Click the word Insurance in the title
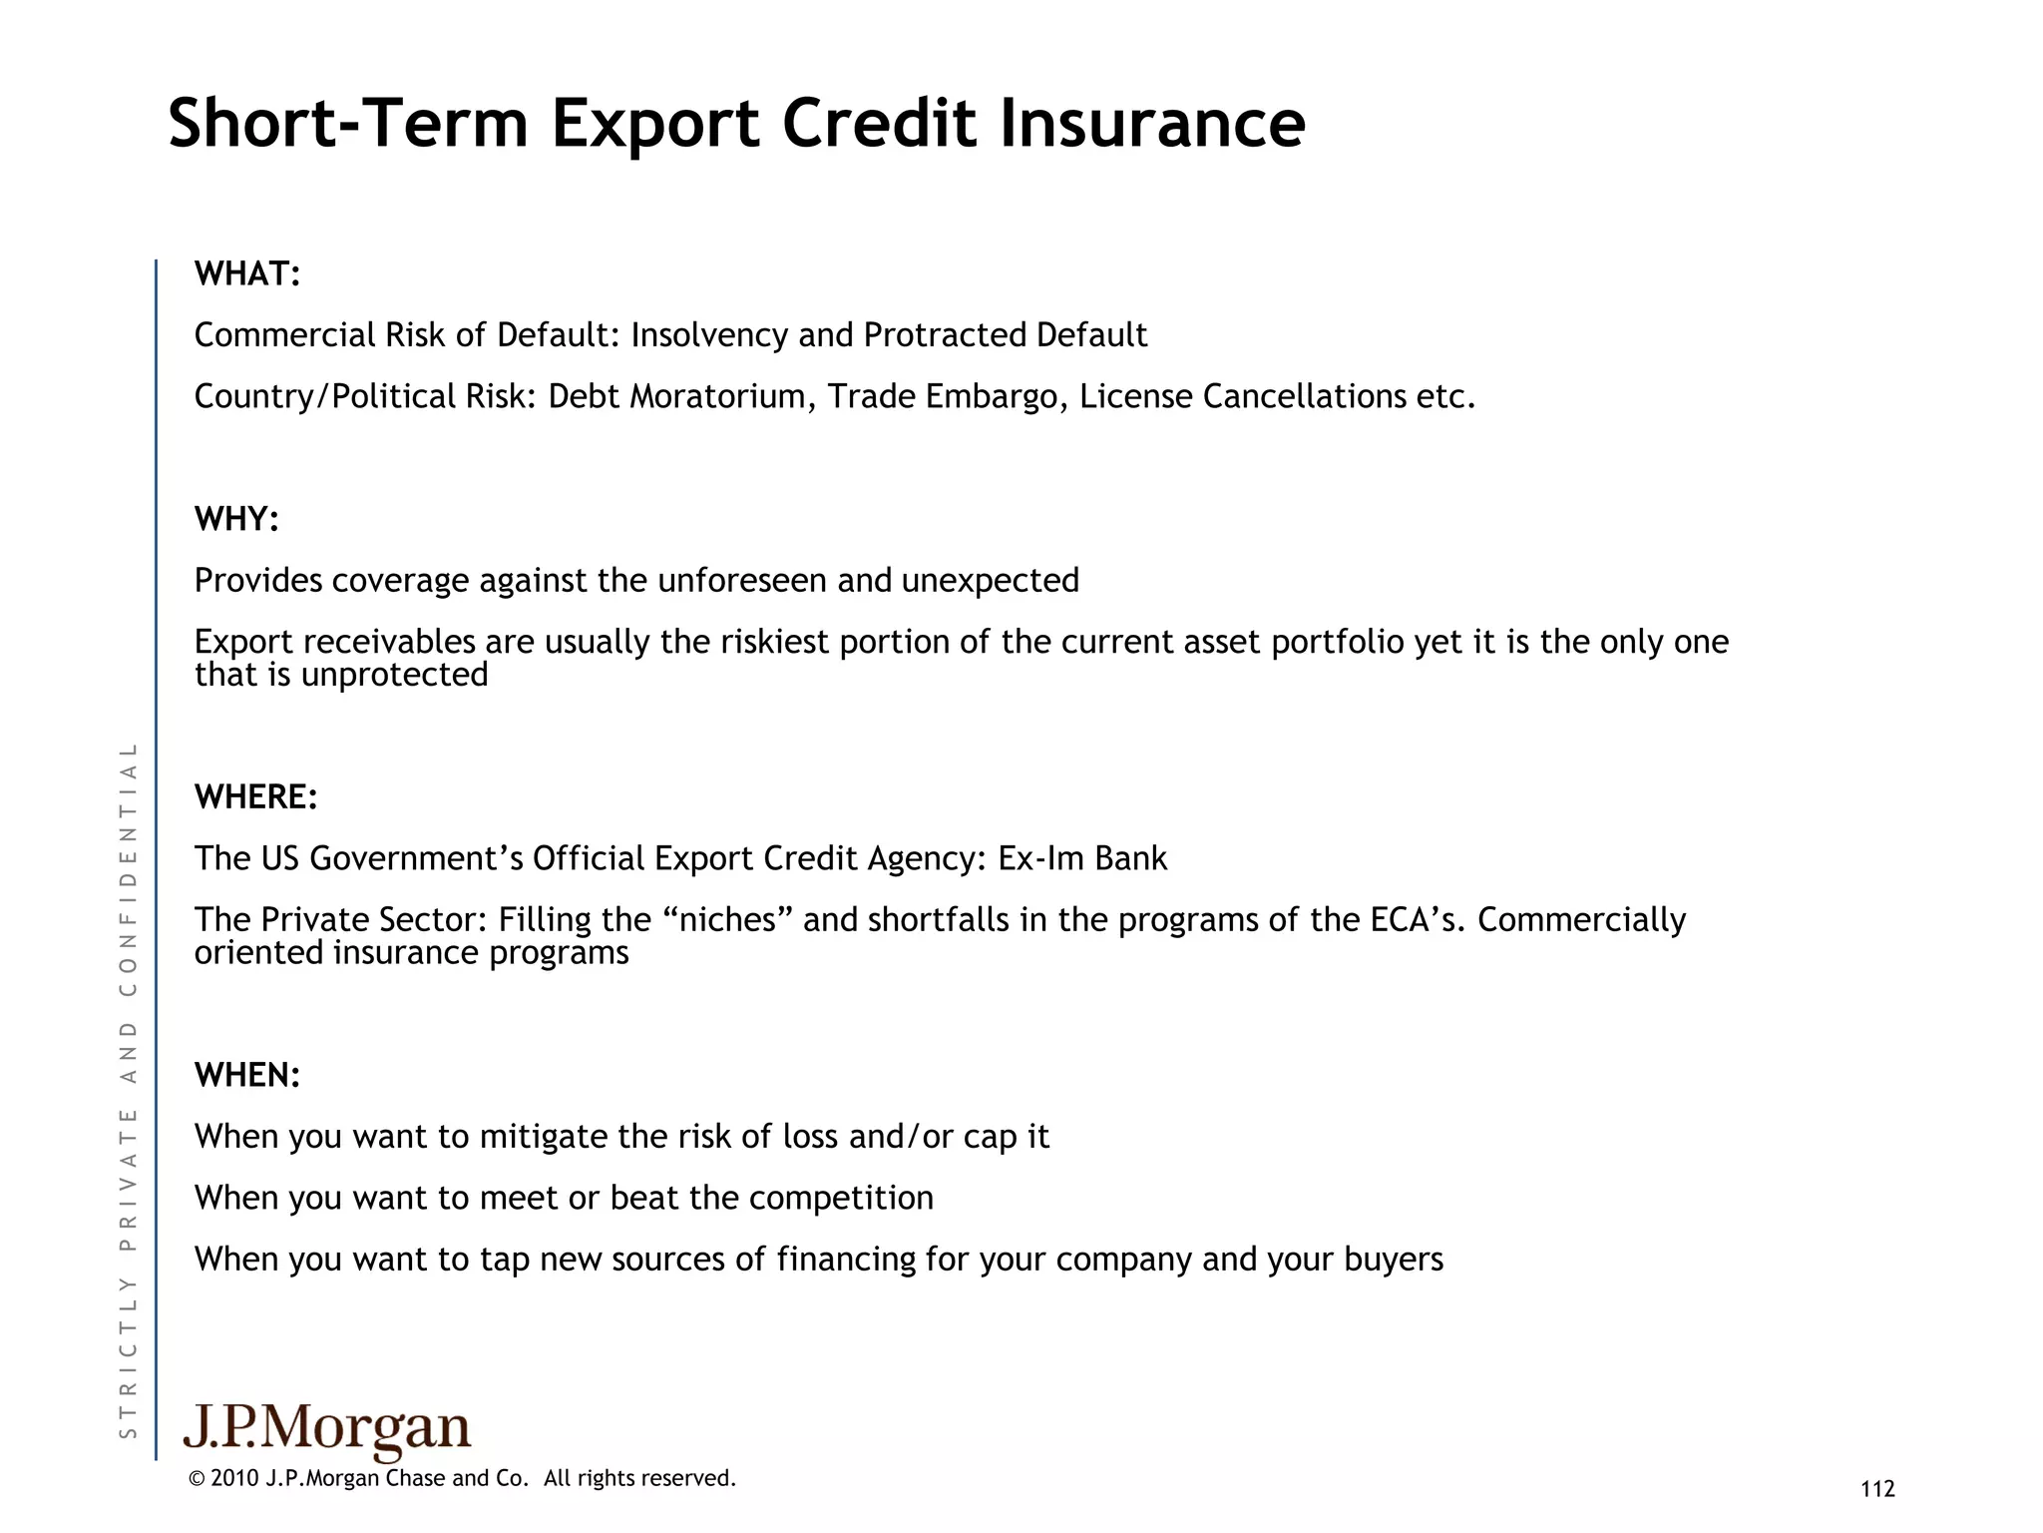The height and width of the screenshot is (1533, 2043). click(x=1152, y=124)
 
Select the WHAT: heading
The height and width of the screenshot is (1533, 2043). click(x=247, y=273)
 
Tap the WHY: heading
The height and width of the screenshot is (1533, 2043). click(x=236, y=519)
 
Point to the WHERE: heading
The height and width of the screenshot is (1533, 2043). click(x=255, y=797)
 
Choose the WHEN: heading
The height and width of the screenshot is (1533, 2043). click(x=247, y=1075)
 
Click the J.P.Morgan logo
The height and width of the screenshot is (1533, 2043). click(x=327, y=1431)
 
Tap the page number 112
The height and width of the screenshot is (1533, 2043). click(x=1877, y=1489)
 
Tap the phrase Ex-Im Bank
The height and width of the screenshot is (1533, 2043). click(x=1082, y=858)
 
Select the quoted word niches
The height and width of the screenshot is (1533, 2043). click(x=734, y=919)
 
